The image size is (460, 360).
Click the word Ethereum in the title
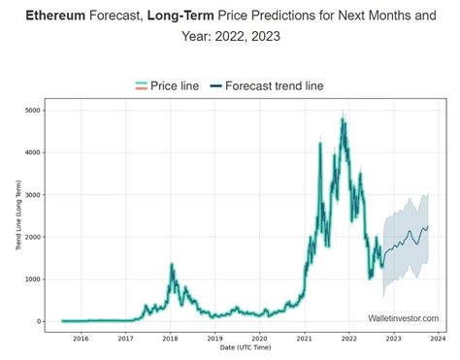pyautogui.click(x=53, y=16)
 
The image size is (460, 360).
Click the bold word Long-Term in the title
pyautogui.click(x=178, y=16)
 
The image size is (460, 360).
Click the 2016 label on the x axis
pyautogui.click(x=81, y=339)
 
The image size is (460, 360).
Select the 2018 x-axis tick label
pyautogui.click(x=170, y=339)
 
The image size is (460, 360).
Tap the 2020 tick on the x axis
pyautogui.click(x=259, y=339)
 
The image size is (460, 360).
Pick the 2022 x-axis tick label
pyautogui.click(x=348, y=339)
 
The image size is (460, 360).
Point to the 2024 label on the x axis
pyautogui.click(x=438, y=339)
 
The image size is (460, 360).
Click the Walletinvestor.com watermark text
pyautogui.click(x=403, y=317)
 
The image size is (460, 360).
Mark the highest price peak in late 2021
pyautogui.click(x=344, y=119)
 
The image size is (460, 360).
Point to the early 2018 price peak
pyautogui.click(x=172, y=264)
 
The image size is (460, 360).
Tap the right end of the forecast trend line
pyautogui.click(x=429, y=227)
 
